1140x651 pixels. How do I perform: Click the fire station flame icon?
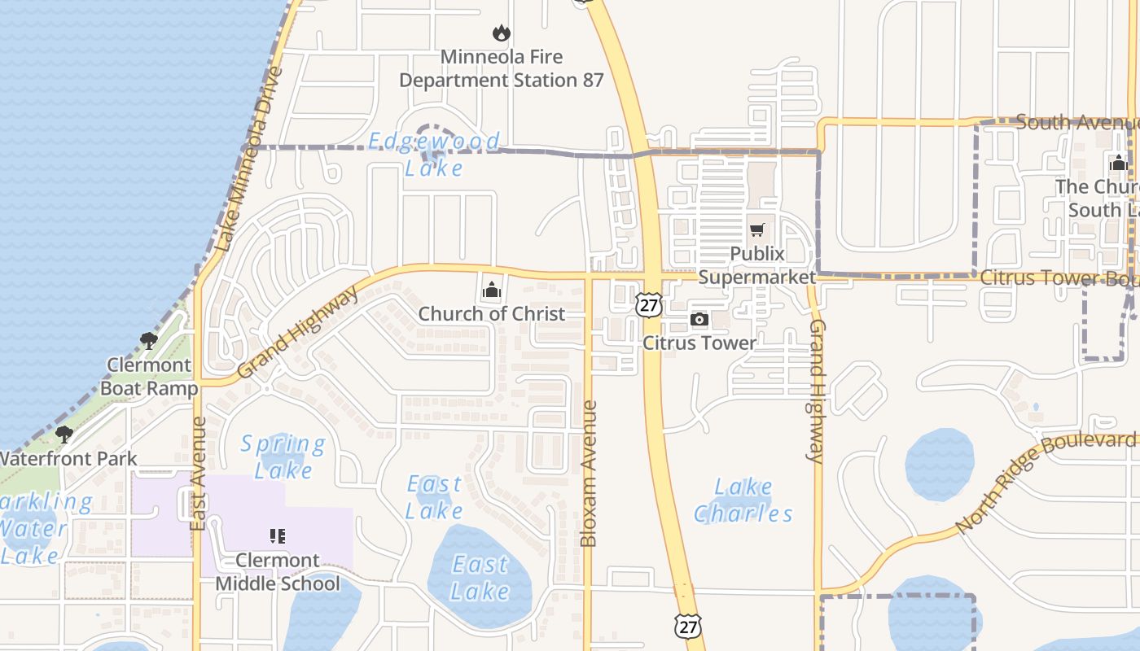pos(501,33)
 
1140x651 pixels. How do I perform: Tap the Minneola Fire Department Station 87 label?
pos(502,69)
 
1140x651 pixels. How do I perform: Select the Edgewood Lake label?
pos(434,154)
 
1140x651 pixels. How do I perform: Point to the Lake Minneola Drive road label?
pos(248,159)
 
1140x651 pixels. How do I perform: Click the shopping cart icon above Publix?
pos(757,230)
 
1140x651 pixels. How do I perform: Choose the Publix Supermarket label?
pos(757,265)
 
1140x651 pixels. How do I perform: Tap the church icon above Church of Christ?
pos(491,290)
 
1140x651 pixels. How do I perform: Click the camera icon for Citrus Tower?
pos(699,320)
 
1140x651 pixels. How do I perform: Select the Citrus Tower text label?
pos(699,343)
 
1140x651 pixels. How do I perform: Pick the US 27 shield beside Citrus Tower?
pos(648,305)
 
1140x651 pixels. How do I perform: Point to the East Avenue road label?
pos(198,474)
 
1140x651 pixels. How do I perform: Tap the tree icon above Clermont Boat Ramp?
pos(148,341)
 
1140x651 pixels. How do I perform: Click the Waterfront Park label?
pos(68,459)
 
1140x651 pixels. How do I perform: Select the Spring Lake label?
pos(283,457)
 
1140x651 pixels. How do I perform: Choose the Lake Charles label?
pos(743,500)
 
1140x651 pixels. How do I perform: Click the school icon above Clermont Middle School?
pos(277,535)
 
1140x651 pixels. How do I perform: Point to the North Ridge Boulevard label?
pos(1046,483)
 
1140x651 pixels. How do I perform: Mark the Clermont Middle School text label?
pos(278,572)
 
